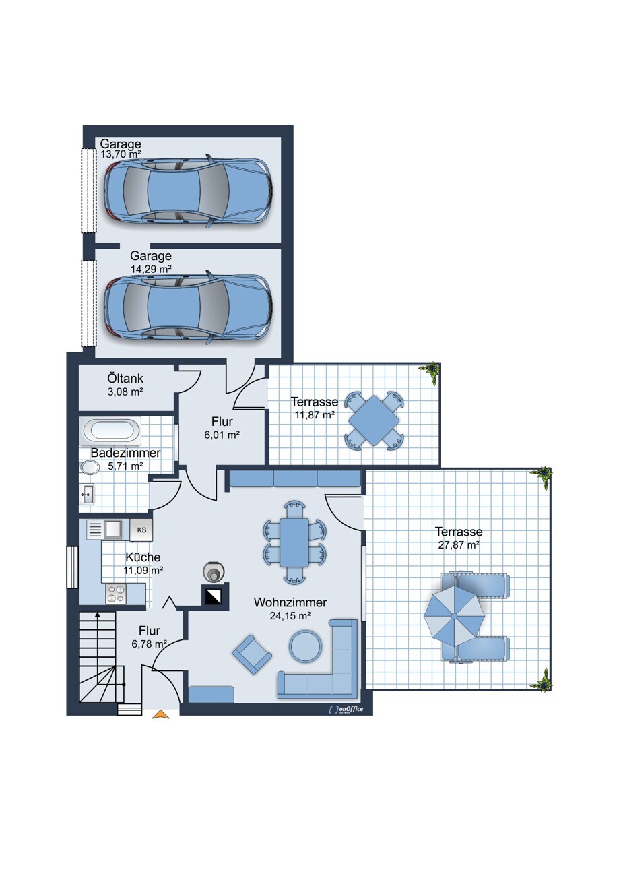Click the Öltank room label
125,378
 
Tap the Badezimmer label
125,453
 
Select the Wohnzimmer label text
290,602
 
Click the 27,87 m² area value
459,544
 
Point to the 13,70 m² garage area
121,154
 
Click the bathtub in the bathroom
110,430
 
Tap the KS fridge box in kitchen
141,530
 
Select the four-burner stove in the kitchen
116,593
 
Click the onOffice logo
346,710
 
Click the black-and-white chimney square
215,595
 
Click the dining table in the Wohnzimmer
294,542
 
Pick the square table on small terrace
374,420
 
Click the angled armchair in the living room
252,655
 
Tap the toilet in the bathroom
89,468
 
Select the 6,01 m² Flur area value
222,435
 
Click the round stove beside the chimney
214,572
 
